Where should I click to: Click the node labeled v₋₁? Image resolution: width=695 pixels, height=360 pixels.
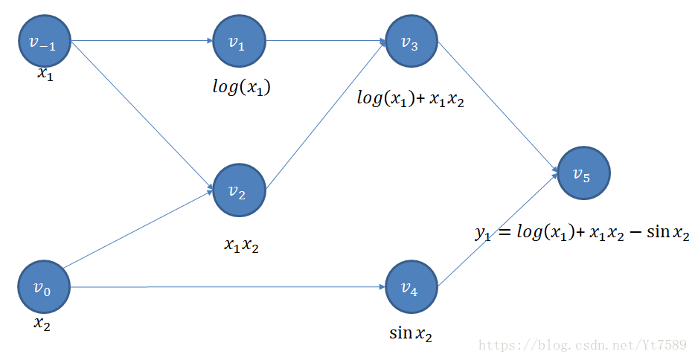(44, 42)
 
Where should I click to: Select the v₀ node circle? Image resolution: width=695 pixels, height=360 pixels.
(44, 287)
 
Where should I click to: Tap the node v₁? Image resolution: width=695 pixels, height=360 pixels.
(238, 42)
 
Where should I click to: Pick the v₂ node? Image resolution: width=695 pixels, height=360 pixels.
(239, 192)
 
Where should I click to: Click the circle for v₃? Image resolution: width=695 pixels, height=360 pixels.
(411, 42)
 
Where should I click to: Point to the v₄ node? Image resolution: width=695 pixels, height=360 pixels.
(411, 286)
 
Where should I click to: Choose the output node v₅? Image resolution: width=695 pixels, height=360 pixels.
(583, 173)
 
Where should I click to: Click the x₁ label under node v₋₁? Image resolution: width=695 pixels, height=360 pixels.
(45, 74)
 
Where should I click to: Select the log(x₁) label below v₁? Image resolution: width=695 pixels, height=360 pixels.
(241, 87)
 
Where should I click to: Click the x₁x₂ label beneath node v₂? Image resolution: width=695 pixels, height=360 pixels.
(242, 245)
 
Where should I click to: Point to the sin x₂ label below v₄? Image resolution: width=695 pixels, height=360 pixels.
(410, 333)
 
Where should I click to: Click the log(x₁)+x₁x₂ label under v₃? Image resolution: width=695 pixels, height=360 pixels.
(410, 99)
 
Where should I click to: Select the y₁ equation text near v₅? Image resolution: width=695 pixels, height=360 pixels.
(582, 232)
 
